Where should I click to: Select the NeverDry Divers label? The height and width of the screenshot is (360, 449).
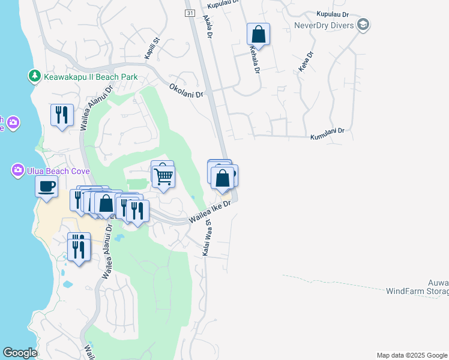pyautogui.click(x=324, y=25)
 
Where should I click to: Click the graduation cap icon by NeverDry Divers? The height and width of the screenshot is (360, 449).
pyautogui.click(x=363, y=25)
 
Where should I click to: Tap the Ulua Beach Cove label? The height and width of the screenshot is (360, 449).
pyautogui.click(x=58, y=172)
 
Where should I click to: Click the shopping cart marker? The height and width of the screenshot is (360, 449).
pyautogui.click(x=163, y=175)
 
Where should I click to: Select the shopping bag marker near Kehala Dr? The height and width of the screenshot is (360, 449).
pyautogui.click(x=258, y=34)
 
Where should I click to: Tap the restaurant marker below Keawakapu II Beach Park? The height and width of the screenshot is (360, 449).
pyautogui.click(x=62, y=116)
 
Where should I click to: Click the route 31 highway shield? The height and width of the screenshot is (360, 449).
pyautogui.click(x=190, y=13)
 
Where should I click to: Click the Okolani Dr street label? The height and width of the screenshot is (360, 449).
pyautogui.click(x=187, y=90)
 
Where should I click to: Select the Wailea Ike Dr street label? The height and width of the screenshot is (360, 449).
pyautogui.click(x=209, y=212)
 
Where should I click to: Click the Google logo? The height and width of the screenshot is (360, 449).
pyautogui.click(x=20, y=353)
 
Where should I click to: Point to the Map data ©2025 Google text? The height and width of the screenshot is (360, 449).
pyautogui.click(x=411, y=355)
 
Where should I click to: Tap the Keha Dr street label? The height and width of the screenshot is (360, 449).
pyautogui.click(x=306, y=60)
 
